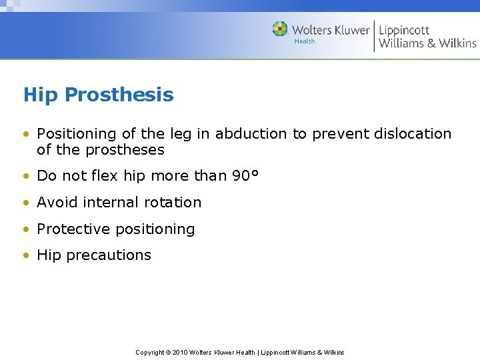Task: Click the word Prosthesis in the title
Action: [120, 95]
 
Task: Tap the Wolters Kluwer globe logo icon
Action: [280, 29]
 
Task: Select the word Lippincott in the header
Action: [404, 31]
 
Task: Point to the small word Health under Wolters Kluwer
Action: [305, 41]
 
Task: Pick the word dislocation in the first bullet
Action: [410, 134]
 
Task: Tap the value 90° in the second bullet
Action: [245, 176]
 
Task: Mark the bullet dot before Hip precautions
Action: [26, 255]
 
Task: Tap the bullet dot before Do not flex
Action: [26, 177]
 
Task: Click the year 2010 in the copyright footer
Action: [179, 352]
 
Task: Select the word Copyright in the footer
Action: [149, 352]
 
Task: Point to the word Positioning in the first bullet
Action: [75, 134]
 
